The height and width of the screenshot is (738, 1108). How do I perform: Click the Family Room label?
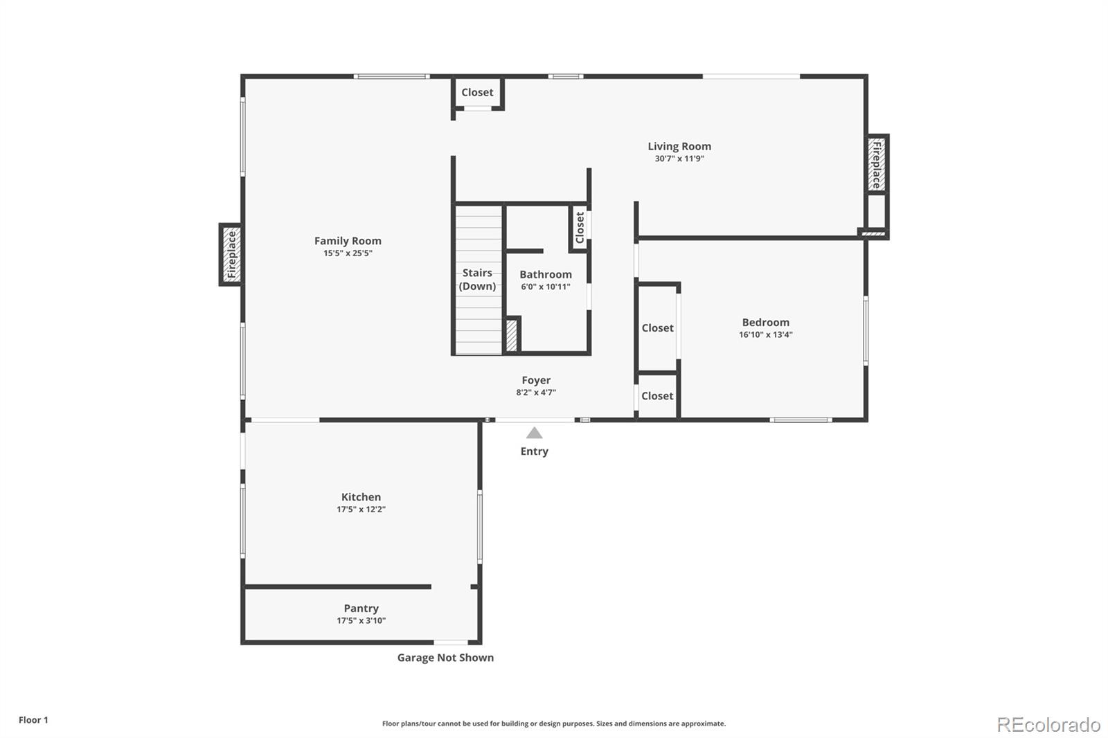pyautogui.click(x=348, y=241)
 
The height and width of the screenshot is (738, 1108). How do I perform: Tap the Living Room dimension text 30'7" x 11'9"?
pyautogui.click(x=679, y=159)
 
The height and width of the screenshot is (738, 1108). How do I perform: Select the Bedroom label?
pyautogui.click(x=765, y=322)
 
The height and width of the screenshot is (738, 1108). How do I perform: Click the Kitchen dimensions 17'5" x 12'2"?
pyautogui.click(x=361, y=510)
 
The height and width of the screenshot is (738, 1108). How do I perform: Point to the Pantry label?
pyautogui.click(x=361, y=609)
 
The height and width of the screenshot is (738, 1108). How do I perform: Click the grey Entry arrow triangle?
pyautogui.click(x=534, y=433)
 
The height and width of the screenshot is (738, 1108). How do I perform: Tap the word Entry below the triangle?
pyautogui.click(x=534, y=451)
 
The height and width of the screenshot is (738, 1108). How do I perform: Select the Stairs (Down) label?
pyautogui.click(x=477, y=280)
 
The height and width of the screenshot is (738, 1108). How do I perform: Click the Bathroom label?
pyautogui.click(x=546, y=275)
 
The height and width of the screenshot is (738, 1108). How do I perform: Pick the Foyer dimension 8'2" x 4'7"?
pyautogui.click(x=536, y=393)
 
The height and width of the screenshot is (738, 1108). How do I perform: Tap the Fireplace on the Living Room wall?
pyautogui.click(x=877, y=164)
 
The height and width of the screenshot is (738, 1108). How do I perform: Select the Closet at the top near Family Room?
pyautogui.click(x=477, y=92)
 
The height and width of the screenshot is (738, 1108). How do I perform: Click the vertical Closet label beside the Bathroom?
pyautogui.click(x=580, y=227)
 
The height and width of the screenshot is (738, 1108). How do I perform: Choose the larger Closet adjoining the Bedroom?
pyautogui.click(x=657, y=328)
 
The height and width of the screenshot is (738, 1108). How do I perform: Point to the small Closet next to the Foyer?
pyautogui.click(x=657, y=396)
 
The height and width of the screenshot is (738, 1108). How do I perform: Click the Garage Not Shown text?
pyautogui.click(x=445, y=658)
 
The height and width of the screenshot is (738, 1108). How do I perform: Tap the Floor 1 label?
pyautogui.click(x=33, y=720)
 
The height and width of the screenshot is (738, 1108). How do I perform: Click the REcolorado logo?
pyautogui.click(x=1048, y=724)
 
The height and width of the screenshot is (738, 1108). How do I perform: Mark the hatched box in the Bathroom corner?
pyautogui.click(x=512, y=335)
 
